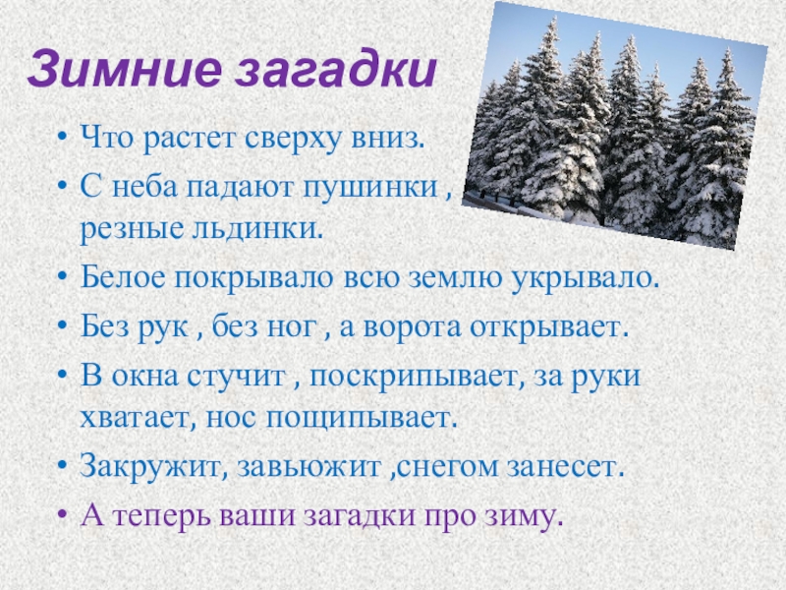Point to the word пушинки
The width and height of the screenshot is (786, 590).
click(x=374, y=186)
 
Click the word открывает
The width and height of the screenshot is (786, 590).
click(x=554, y=326)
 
